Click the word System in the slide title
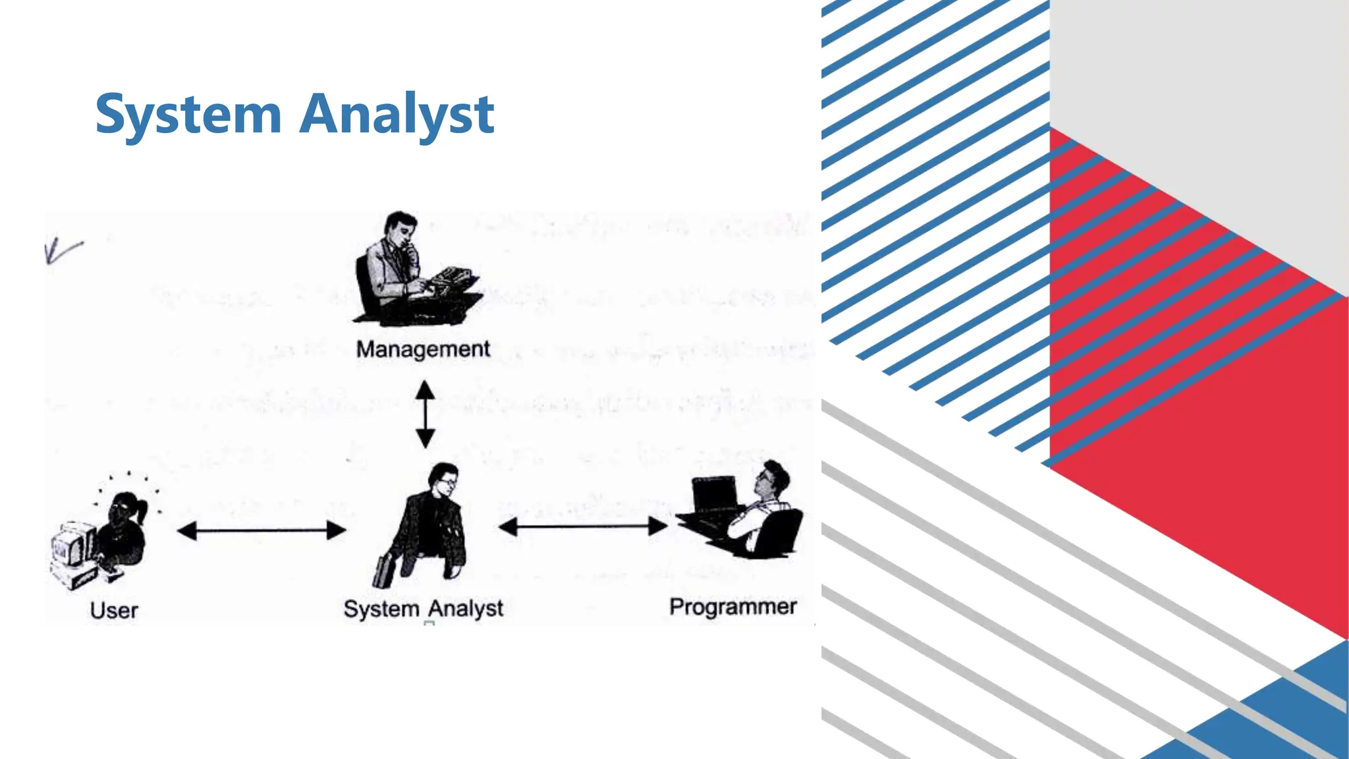[x=188, y=115]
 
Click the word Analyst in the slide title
[x=397, y=115]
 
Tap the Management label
[x=423, y=349]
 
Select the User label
[x=114, y=610]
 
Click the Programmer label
[x=732, y=607]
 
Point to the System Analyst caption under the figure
[x=423, y=609]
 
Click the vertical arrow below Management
[x=426, y=414]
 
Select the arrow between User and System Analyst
[x=262, y=530]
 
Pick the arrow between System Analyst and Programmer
[x=583, y=526]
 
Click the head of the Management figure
[x=402, y=227]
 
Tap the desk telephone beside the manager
[x=453, y=275]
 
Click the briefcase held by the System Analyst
[x=383, y=571]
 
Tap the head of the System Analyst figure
[x=443, y=478]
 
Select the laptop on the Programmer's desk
[x=715, y=494]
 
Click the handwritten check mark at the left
[x=63, y=250]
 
